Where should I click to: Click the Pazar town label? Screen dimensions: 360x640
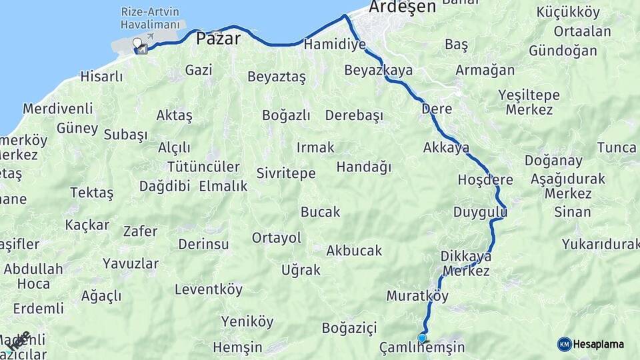(x=218, y=39)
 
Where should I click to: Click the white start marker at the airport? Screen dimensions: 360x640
(x=137, y=44)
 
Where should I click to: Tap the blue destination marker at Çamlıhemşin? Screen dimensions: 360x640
(x=421, y=338)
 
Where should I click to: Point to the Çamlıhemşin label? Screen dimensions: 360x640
(x=421, y=348)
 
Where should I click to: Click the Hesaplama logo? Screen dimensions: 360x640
(x=591, y=344)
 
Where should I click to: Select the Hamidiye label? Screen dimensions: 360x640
(x=335, y=45)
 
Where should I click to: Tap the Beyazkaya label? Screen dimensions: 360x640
(x=378, y=70)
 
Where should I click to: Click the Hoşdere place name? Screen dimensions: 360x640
(x=485, y=180)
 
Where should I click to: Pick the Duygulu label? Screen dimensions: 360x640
(x=480, y=213)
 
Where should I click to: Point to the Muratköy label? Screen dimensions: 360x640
(x=417, y=295)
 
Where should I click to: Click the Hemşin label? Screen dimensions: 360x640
(x=238, y=347)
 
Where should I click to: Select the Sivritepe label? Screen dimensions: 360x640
(x=286, y=173)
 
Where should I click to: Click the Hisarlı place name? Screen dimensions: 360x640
(x=101, y=77)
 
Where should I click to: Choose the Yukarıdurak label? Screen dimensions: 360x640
(x=600, y=244)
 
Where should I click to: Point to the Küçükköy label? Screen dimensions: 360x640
(x=568, y=13)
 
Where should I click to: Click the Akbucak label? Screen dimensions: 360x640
(x=354, y=251)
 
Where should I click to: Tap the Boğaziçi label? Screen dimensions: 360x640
(x=349, y=328)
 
